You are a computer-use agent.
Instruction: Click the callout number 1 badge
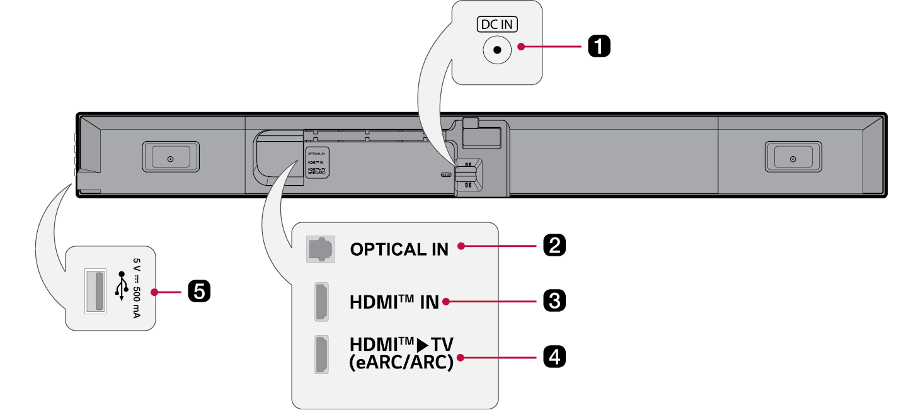click(599, 47)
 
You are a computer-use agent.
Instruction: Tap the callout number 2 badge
click(554, 245)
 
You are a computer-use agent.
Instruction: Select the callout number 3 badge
click(554, 301)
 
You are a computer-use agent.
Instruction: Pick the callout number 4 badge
click(554, 357)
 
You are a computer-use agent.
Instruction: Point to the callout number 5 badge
click(199, 292)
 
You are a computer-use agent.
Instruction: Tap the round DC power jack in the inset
click(497, 50)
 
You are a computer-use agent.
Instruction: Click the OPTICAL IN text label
click(399, 249)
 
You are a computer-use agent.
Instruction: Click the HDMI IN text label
click(394, 302)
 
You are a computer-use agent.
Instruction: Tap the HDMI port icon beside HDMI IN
click(321, 301)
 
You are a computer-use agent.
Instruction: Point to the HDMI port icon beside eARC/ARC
click(321, 355)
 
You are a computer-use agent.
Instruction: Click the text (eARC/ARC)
click(401, 364)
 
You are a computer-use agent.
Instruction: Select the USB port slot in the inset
click(95, 290)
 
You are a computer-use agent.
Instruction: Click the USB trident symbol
click(121, 290)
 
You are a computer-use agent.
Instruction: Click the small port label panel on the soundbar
click(316, 162)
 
